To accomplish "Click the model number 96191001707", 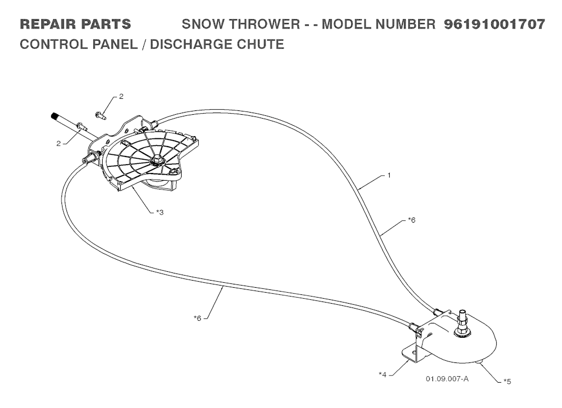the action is (494, 24).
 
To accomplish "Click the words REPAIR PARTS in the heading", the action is (75, 24).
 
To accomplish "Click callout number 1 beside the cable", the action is (389, 175).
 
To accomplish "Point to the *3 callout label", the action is (160, 213).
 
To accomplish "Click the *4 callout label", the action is (383, 375).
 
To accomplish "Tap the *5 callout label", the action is (507, 381).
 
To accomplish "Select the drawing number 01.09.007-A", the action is (447, 378).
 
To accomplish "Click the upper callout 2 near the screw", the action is (121, 97).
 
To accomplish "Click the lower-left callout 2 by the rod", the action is (58, 143).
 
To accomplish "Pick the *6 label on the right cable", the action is (412, 220).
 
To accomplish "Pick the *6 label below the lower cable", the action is (198, 318).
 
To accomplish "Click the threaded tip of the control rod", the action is (54, 116).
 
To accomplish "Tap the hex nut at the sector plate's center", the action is (156, 160).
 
